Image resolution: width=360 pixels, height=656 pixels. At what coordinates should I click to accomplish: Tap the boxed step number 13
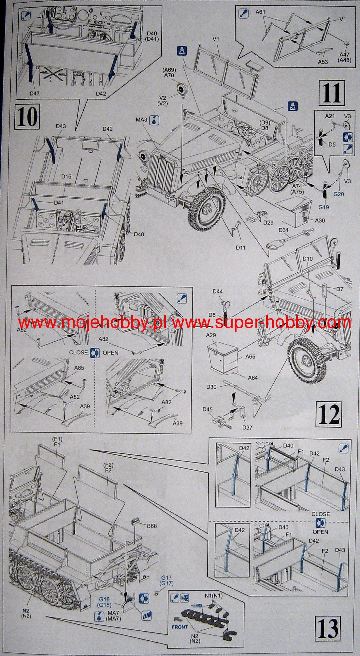(329, 626)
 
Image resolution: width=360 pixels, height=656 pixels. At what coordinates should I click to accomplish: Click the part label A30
(320, 220)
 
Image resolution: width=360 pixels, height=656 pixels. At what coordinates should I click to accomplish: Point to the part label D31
(284, 230)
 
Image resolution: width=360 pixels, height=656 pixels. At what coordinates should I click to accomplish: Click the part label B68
(152, 526)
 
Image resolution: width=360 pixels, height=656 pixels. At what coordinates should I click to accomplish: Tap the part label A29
(211, 335)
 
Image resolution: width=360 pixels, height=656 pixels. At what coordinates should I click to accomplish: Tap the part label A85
(79, 368)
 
